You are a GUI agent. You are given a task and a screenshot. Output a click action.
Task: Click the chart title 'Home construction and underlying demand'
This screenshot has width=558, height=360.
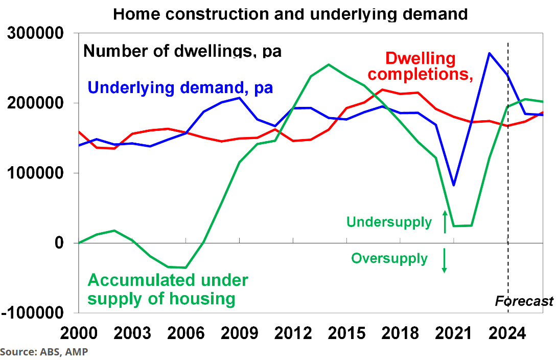coord(290,13)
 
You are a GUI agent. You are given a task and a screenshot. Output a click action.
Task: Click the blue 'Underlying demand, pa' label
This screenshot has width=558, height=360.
coord(180,87)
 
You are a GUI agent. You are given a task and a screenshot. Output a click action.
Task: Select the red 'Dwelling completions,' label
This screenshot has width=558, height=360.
coord(420,66)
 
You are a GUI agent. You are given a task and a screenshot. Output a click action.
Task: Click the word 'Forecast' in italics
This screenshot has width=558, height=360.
coord(524,301)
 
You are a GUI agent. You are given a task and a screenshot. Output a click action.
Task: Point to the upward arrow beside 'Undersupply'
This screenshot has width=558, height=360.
coord(445,221)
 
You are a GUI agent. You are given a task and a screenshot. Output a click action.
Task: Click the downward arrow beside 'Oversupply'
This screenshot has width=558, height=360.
coord(445,260)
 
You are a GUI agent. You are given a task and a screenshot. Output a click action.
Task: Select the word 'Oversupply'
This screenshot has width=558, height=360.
coord(389,258)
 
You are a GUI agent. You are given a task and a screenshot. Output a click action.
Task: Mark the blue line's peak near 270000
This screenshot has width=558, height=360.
coord(490,53)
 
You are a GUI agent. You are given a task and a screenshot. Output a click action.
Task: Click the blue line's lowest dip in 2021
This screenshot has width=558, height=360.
coord(453,185)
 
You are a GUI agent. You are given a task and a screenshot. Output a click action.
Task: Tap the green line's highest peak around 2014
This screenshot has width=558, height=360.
coord(329,64)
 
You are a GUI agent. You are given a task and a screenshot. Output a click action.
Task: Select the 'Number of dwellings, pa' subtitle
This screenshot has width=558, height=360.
coord(182,51)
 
